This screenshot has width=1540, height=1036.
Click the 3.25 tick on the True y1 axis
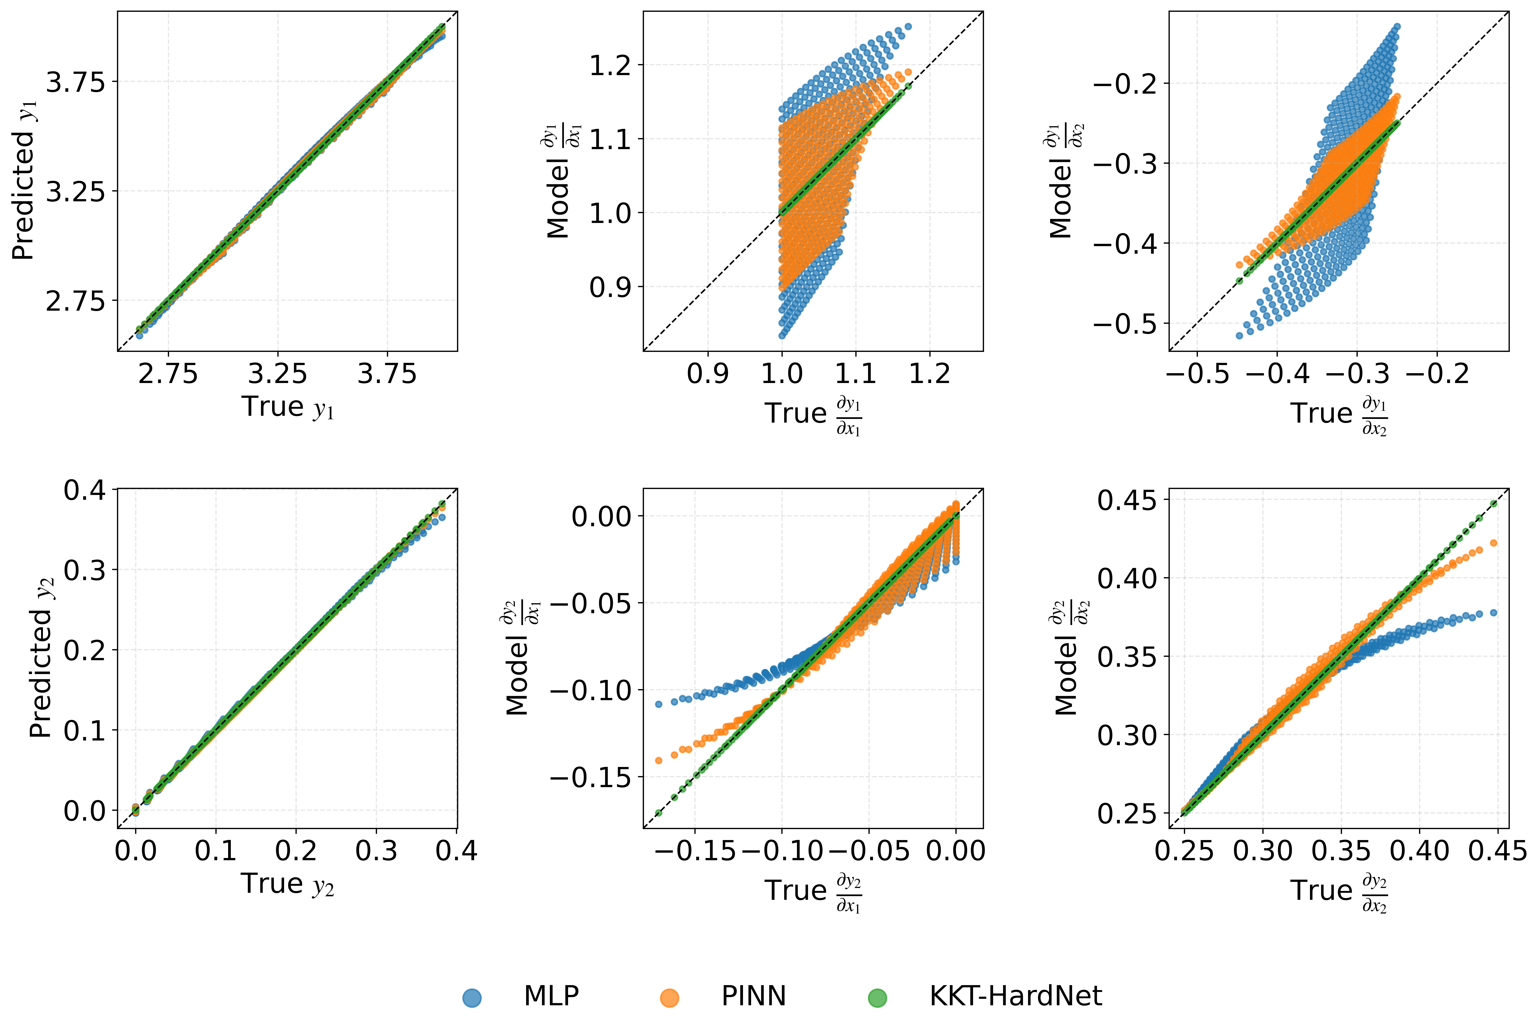coord(278,374)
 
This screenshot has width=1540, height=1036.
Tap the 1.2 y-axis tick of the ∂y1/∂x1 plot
coord(611,65)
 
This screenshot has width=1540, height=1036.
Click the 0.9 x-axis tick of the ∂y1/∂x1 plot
coord(708,374)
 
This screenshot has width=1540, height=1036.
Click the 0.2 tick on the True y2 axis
coord(296,851)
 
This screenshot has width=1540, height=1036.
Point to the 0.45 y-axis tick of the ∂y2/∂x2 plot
coord(1127,500)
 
